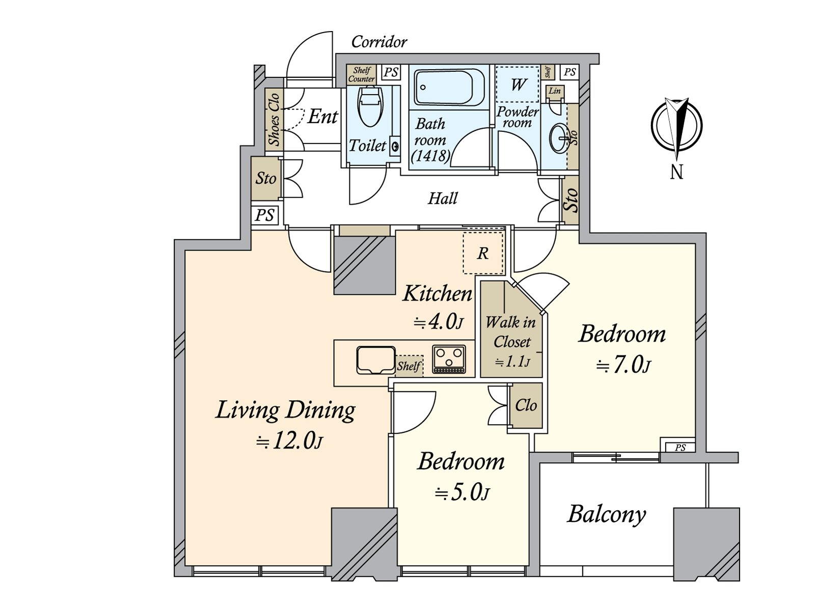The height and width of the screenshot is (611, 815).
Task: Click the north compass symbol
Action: point(676,126)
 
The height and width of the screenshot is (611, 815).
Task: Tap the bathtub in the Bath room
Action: point(449,88)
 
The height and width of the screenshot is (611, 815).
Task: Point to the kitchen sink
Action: point(375,360)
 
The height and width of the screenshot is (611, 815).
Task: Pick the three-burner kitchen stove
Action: point(449,359)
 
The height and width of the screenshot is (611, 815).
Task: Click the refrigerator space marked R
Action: point(483,254)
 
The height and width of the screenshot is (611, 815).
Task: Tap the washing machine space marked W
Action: point(517,85)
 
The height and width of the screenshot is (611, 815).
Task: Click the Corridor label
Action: point(379,42)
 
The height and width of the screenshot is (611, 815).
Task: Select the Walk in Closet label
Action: point(511,332)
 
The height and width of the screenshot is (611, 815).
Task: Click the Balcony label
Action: point(606,515)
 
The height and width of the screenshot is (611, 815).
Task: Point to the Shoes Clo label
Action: point(275,119)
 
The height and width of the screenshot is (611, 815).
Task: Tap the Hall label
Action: point(443,199)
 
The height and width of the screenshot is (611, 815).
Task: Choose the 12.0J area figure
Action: point(290,441)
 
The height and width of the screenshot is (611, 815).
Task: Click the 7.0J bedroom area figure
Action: point(623,366)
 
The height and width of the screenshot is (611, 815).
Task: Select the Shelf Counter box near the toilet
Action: point(361,75)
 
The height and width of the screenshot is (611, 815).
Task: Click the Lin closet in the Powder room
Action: point(555,91)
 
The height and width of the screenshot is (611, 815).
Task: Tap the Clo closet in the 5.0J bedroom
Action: point(526,405)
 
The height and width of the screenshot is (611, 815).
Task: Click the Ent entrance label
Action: point(322,117)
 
